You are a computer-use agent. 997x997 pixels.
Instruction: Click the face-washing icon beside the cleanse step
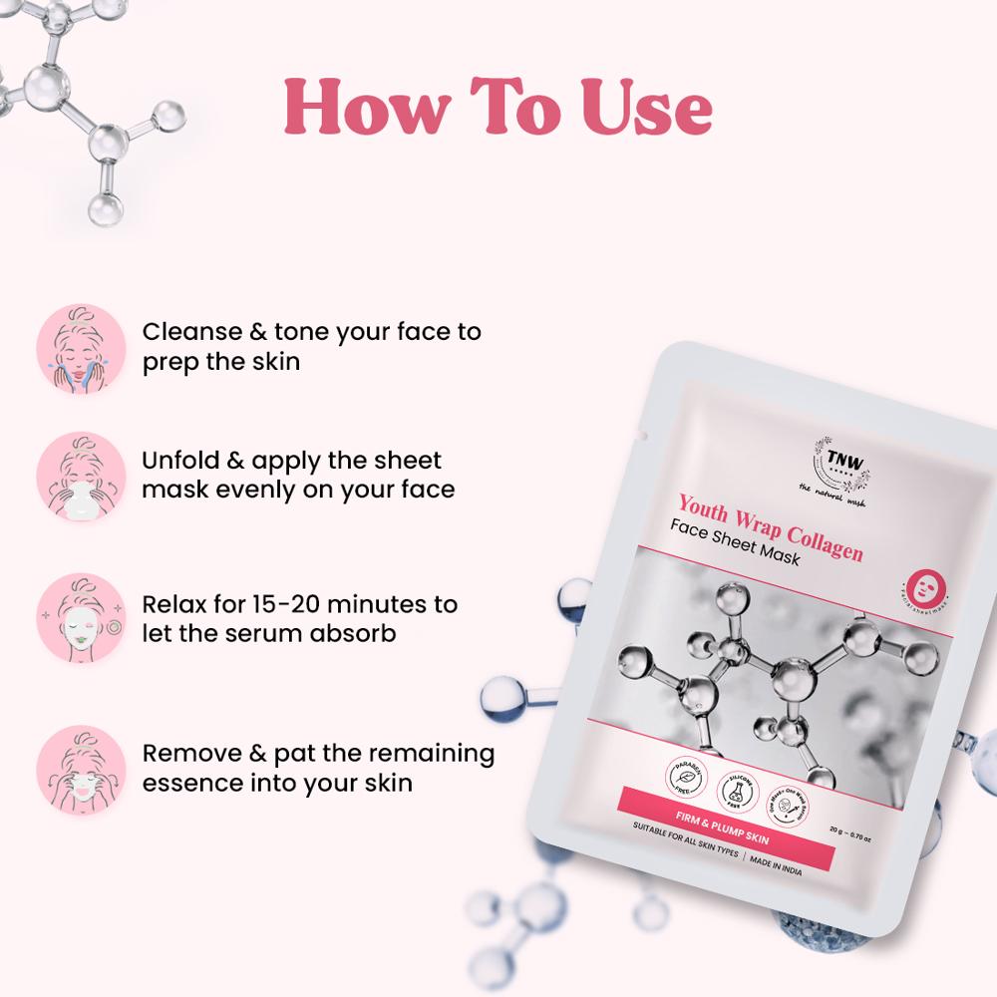coord(78,344)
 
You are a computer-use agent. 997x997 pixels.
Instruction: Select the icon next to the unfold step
coord(78,476)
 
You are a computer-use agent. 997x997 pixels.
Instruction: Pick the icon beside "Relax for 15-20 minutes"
coord(78,618)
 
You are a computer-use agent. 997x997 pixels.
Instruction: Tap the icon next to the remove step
coord(78,766)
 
